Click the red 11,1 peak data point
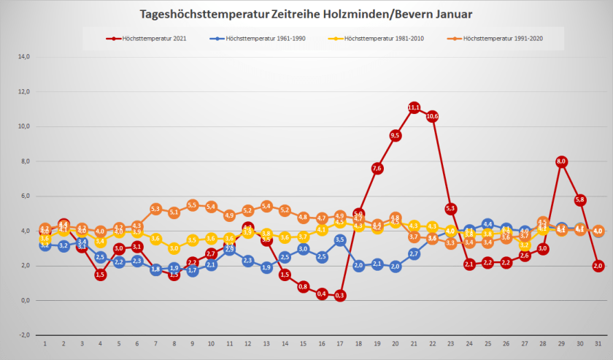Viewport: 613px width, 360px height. pyautogui.click(x=414, y=107)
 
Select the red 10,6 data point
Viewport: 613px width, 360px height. pyautogui.click(x=432, y=116)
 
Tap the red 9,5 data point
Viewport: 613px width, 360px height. pyautogui.click(x=396, y=135)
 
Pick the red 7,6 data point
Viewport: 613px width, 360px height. pyautogui.click(x=377, y=168)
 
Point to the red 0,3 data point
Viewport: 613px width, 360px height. pyautogui.click(x=340, y=295)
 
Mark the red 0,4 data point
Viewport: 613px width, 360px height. pyautogui.click(x=322, y=294)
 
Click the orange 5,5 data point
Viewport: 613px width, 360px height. pyautogui.click(x=193, y=205)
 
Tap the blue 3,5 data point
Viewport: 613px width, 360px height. pyautogui.click(x=340, y=240)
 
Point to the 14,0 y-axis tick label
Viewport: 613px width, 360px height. pyautogui.click(x=24, y=56)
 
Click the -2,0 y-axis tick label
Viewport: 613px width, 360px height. pyautogui.click(x=24, y=335)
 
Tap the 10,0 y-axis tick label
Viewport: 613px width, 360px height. pyautogui.click(x=24, y=126)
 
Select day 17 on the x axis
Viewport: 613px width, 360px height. pyautogui.click(x=340, y=344)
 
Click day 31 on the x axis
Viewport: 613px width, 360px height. pyautogui.click(x=598, y=344)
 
